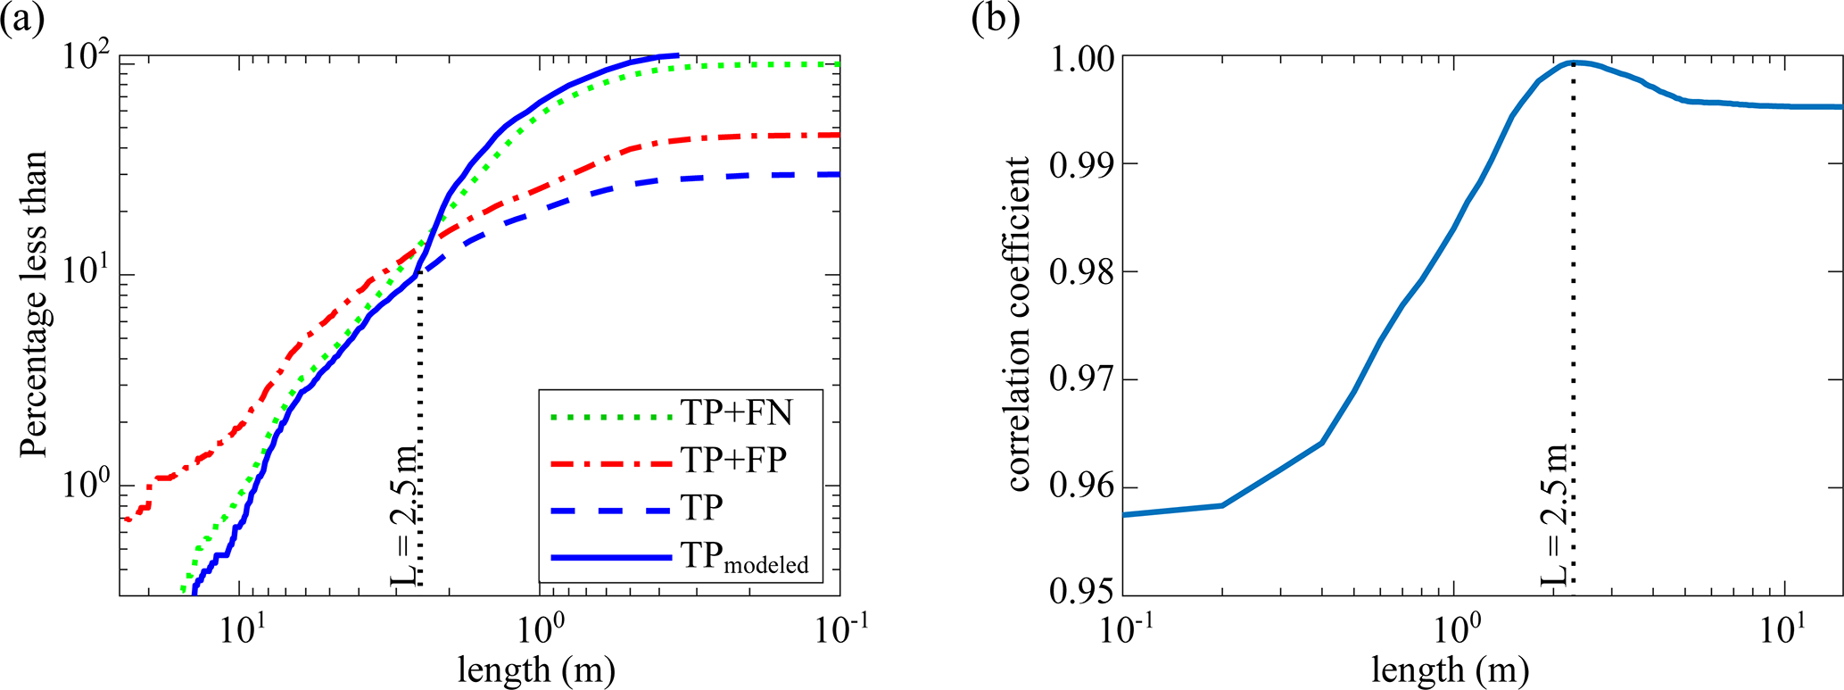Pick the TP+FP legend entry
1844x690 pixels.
[733, 460]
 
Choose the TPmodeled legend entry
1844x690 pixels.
[746, 557]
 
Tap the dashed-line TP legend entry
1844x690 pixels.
[701, 508]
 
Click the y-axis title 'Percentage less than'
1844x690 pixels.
[33, 303]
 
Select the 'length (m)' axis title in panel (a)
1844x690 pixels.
[536, 669]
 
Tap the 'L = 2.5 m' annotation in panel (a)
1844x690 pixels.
[404, 512]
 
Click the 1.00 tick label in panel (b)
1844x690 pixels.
[1079, 58]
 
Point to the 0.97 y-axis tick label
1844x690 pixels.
[1079, 380]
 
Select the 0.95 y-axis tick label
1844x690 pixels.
[1079, 593]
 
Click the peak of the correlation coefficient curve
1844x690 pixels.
[1573, 62]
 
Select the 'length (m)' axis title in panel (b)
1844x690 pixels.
[1450, 669]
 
